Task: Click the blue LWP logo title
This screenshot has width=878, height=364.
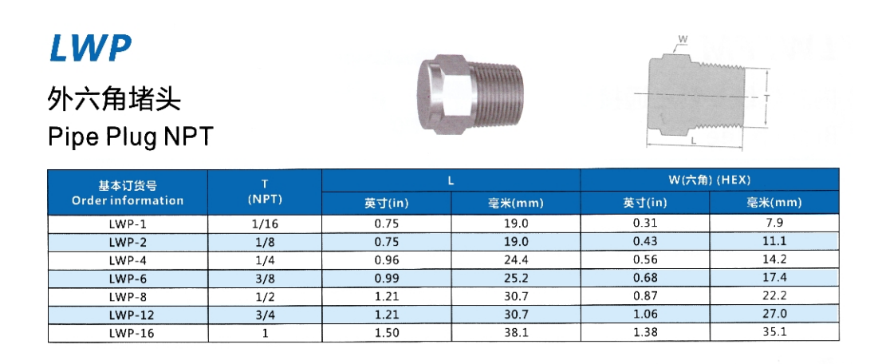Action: (x=90, y=48)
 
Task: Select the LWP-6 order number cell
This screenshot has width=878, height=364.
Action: (x=128, y=279)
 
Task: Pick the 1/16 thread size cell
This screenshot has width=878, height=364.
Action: (x=265, y=224)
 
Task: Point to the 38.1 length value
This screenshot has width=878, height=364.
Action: (x=516, y=333)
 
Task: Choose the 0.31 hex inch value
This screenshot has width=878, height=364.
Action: (x=644, y=224)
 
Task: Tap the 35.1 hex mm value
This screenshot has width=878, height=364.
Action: (x=774, y=333)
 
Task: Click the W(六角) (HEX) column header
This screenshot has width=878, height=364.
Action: (x=710, y=180)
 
